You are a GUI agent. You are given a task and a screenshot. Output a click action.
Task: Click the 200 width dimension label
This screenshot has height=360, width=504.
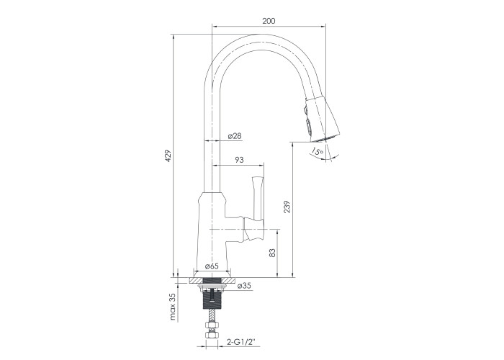[269, 21]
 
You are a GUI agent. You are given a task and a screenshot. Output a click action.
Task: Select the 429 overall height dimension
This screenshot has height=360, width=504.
[168, 156]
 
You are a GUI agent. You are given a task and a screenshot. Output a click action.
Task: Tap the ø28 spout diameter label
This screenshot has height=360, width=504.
[235, 136]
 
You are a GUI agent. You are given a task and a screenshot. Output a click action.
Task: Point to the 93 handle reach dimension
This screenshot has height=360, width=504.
[240, 160]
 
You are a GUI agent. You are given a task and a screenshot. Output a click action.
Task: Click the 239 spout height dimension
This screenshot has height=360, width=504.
[287, 207]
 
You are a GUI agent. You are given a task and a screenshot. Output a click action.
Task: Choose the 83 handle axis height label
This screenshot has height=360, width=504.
[272, 253]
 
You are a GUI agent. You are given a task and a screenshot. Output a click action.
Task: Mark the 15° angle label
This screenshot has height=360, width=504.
[318, 151]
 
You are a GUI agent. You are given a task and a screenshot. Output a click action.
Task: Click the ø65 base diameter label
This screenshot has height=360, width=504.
[212, 266]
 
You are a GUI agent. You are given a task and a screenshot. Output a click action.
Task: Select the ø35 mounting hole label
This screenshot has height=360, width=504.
[244, 286]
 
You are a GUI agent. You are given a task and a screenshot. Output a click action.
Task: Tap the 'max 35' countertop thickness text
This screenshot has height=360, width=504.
[173, 307]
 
